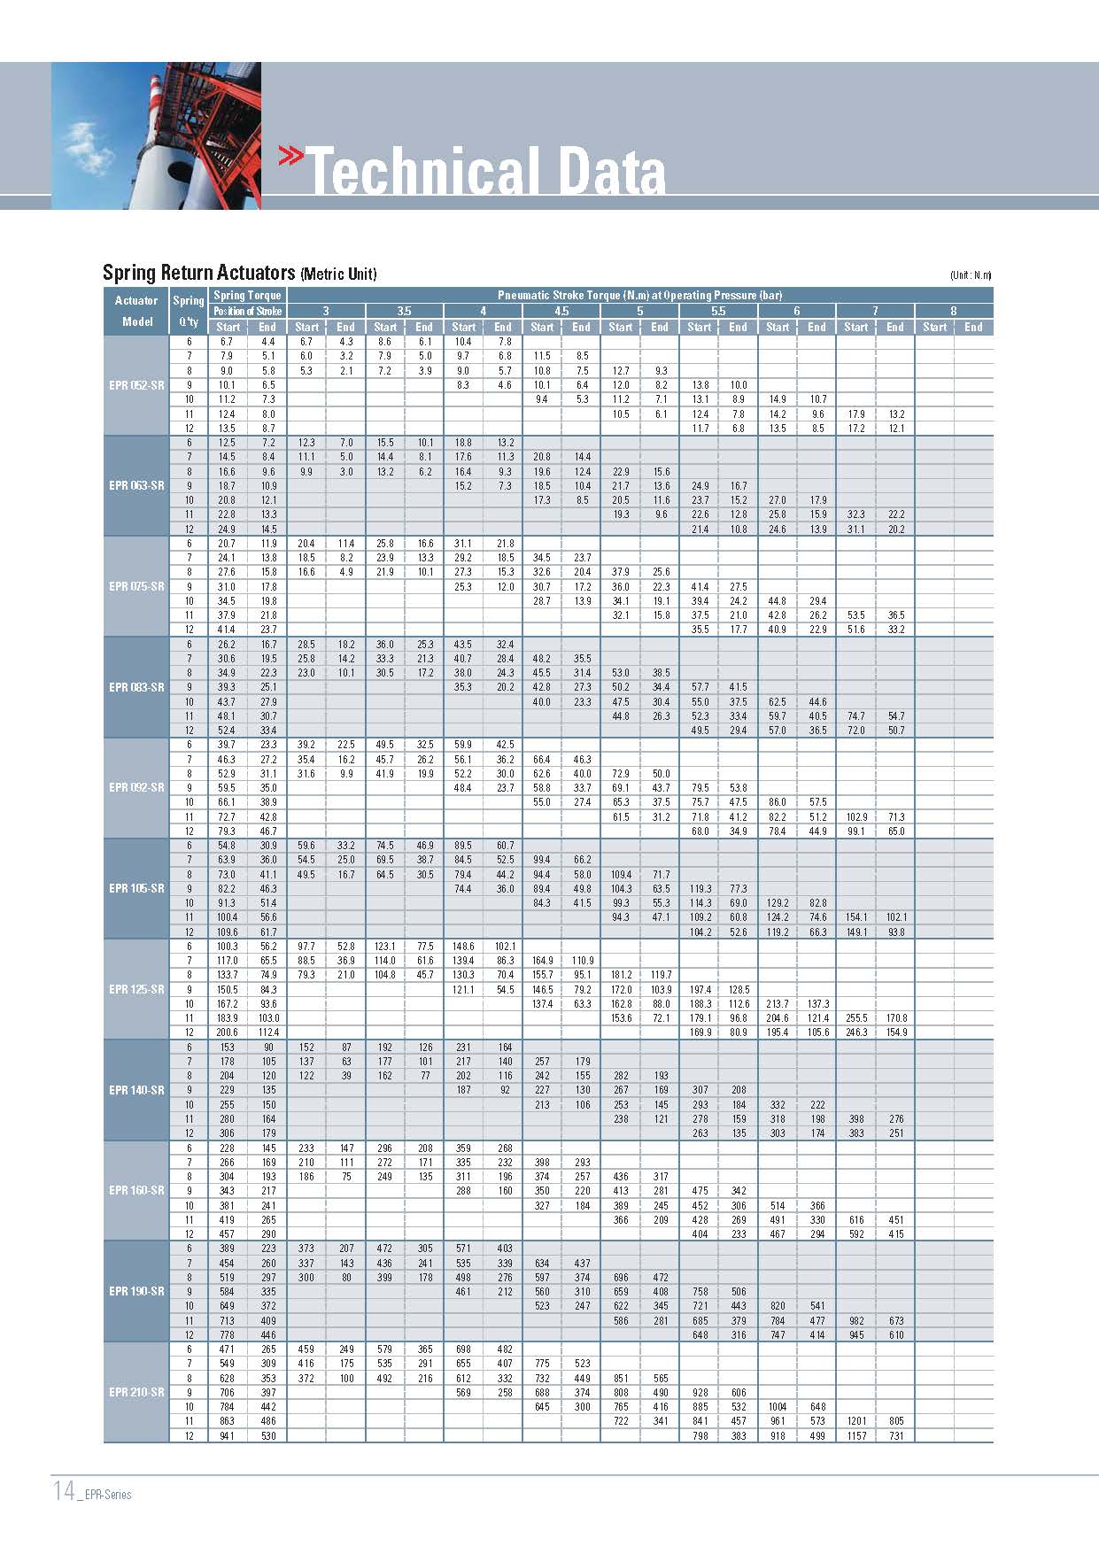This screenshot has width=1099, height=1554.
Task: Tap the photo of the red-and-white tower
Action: coord(156,135)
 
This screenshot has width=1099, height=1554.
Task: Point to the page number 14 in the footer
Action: coord(64,1490)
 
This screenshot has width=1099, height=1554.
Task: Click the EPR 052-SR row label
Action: coord(136,385)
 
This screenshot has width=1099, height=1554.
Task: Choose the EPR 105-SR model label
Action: coord(136,888)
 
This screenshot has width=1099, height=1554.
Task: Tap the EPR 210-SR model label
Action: coord(136,1392)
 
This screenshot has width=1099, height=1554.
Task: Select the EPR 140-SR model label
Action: coord(136,1090)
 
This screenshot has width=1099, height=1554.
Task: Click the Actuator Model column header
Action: coord(136,311)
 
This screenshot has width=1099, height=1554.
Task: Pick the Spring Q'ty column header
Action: coord(189,311)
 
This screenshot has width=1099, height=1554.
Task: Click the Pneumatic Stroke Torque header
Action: coord(639,295)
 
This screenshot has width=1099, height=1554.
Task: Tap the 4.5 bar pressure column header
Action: coord(561,311)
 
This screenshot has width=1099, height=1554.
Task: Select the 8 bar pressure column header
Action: coord(954,311)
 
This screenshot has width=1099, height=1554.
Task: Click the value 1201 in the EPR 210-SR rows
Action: coord(855,1421)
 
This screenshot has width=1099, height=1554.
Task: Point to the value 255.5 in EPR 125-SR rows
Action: coord(855,1018)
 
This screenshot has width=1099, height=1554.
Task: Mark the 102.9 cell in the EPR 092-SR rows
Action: coord(855,816)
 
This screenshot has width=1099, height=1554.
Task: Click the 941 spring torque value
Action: coord(228,1435)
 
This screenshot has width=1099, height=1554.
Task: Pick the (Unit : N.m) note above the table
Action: coord(971,275)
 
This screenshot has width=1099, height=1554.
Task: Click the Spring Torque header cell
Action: coord(247,295)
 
